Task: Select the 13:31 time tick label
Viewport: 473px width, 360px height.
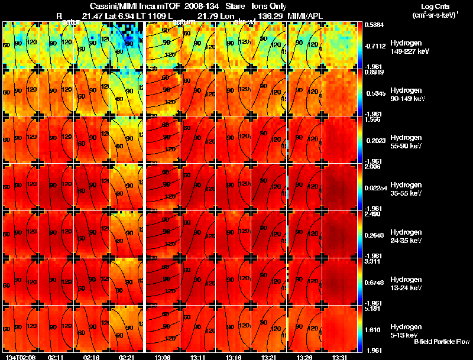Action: click(339, 357)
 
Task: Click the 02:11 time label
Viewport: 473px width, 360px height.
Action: click(56, 357)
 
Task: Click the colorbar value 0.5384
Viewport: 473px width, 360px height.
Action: click(375, 25)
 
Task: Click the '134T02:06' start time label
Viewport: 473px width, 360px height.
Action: click(17, 357)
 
